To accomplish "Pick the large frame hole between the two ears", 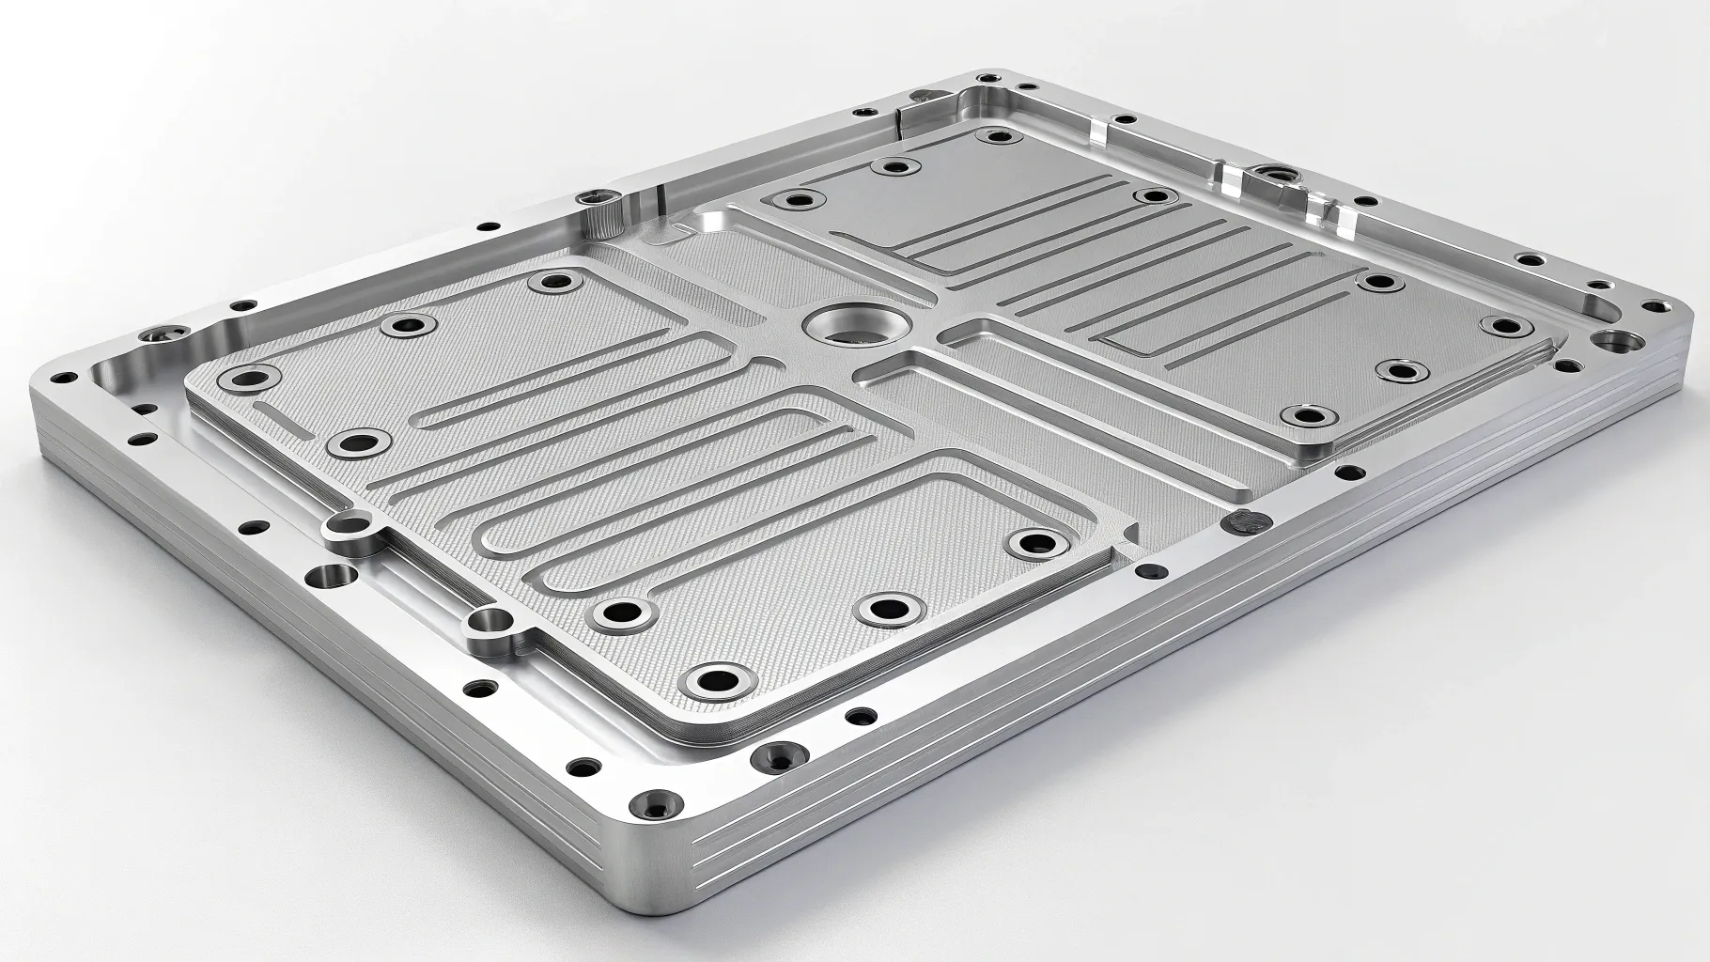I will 328,576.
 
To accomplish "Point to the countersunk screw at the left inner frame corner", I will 151,335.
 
